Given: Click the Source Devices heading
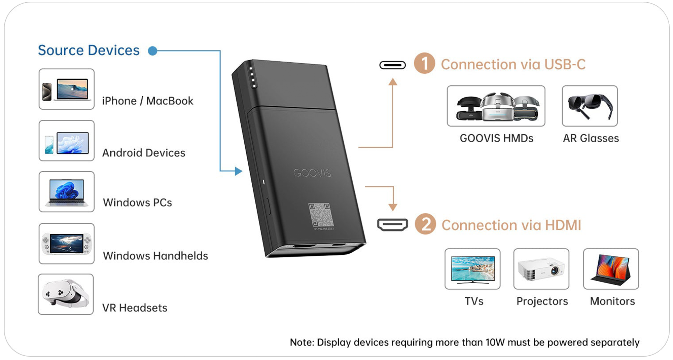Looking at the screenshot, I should point(88,50).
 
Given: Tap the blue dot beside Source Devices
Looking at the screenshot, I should point(152,51).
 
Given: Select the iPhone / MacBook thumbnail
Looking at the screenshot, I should point(67,89).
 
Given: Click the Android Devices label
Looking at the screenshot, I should point(144,153).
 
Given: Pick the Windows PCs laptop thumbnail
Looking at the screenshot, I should point(67,192).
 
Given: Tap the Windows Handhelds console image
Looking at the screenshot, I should point(67,244).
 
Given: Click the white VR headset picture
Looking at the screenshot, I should point(66,294).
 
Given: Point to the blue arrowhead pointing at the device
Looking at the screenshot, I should point(238,171).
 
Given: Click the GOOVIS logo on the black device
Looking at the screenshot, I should point(312,173).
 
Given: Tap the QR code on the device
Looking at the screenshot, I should point(321,215).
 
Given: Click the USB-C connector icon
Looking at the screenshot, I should point(392,65).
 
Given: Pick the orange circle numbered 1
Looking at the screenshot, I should point(424,63).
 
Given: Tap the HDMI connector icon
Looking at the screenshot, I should point(392,225).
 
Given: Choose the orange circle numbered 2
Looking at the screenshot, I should point(425,224).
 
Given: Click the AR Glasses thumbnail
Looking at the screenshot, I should point(590,106).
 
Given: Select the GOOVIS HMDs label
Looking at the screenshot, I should point(496,138).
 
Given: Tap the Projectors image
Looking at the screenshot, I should point(541,269).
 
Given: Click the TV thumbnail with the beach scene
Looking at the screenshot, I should point(472,269).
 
